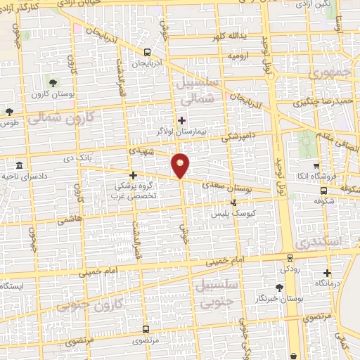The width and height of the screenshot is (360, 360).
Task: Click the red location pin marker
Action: (181, 165)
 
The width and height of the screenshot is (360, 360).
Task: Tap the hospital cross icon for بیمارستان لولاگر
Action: (182, 120)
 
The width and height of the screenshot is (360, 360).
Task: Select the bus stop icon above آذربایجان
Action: (146, 52)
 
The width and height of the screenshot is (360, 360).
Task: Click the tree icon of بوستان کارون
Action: (49, 83)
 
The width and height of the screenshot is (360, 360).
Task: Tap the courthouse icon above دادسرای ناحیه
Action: (18, 166)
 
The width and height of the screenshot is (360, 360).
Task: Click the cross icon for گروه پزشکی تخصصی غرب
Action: (133, 174)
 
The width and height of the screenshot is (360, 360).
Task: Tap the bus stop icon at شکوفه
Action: (323, 190)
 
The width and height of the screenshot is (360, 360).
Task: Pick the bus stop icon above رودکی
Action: (288, 258)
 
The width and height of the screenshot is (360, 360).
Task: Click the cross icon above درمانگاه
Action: (327, 273)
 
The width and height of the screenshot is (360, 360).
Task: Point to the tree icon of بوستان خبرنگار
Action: (279, 287)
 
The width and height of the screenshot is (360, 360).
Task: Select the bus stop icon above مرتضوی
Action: (146, 328)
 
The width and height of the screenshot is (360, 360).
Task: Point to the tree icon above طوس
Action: (9, 111)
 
